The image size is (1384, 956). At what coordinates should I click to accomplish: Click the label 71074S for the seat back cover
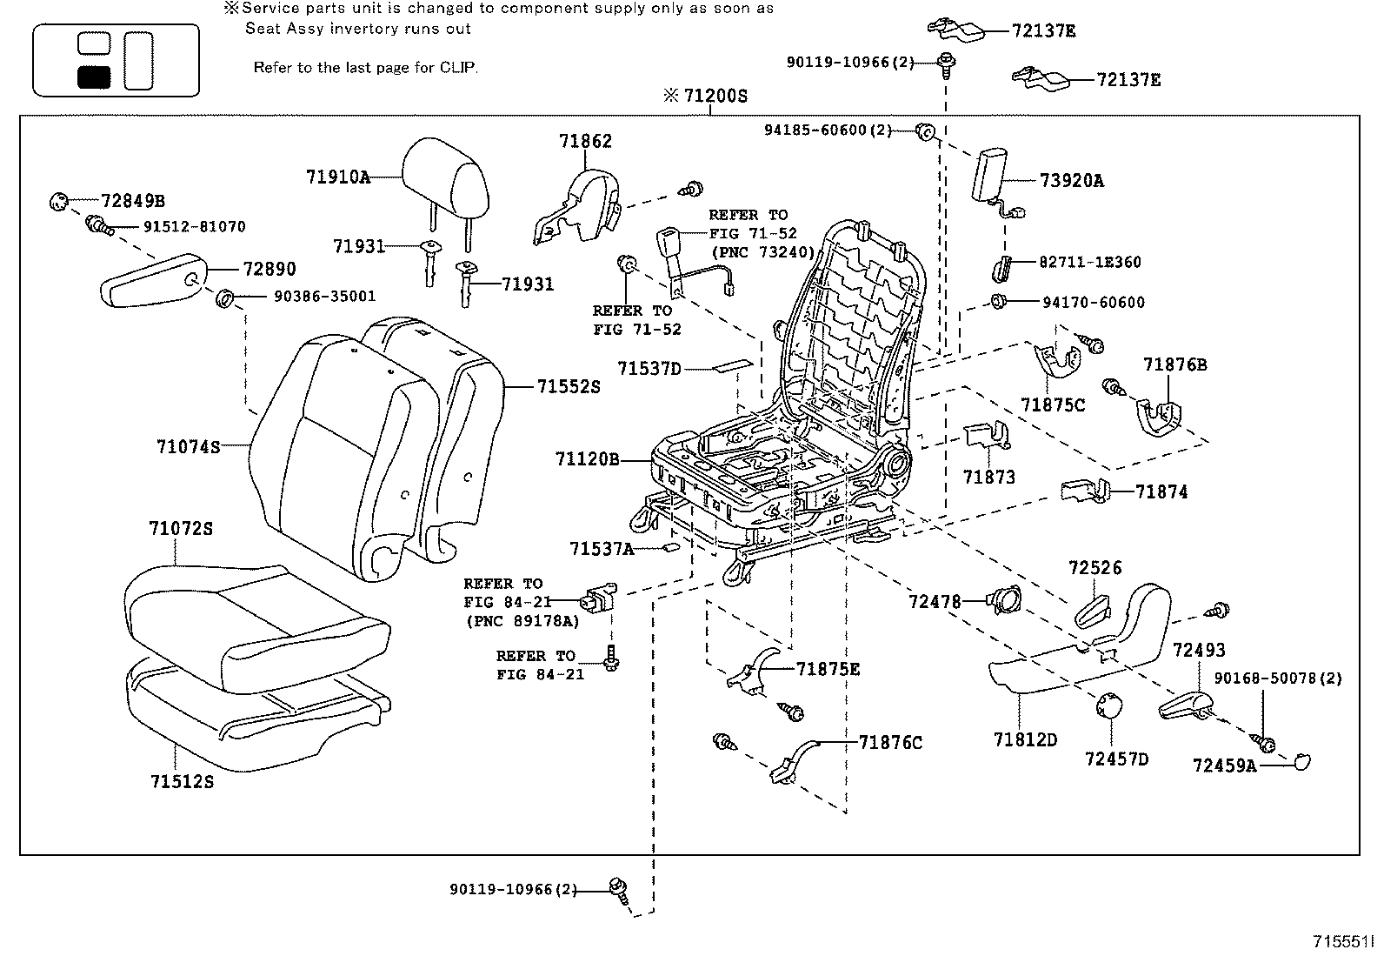[188, 447]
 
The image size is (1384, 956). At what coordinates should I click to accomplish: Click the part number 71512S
[180, 781]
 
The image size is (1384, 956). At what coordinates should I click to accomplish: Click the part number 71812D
[1025, 740]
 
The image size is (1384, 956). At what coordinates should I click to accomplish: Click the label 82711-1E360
[1089, 262]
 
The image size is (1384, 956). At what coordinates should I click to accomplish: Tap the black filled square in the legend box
[94, 77]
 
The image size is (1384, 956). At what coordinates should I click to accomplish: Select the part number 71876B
[1175, 364]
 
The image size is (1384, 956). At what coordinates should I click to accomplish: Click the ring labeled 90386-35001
[224, 299]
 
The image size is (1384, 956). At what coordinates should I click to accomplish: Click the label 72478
[935, 601]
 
